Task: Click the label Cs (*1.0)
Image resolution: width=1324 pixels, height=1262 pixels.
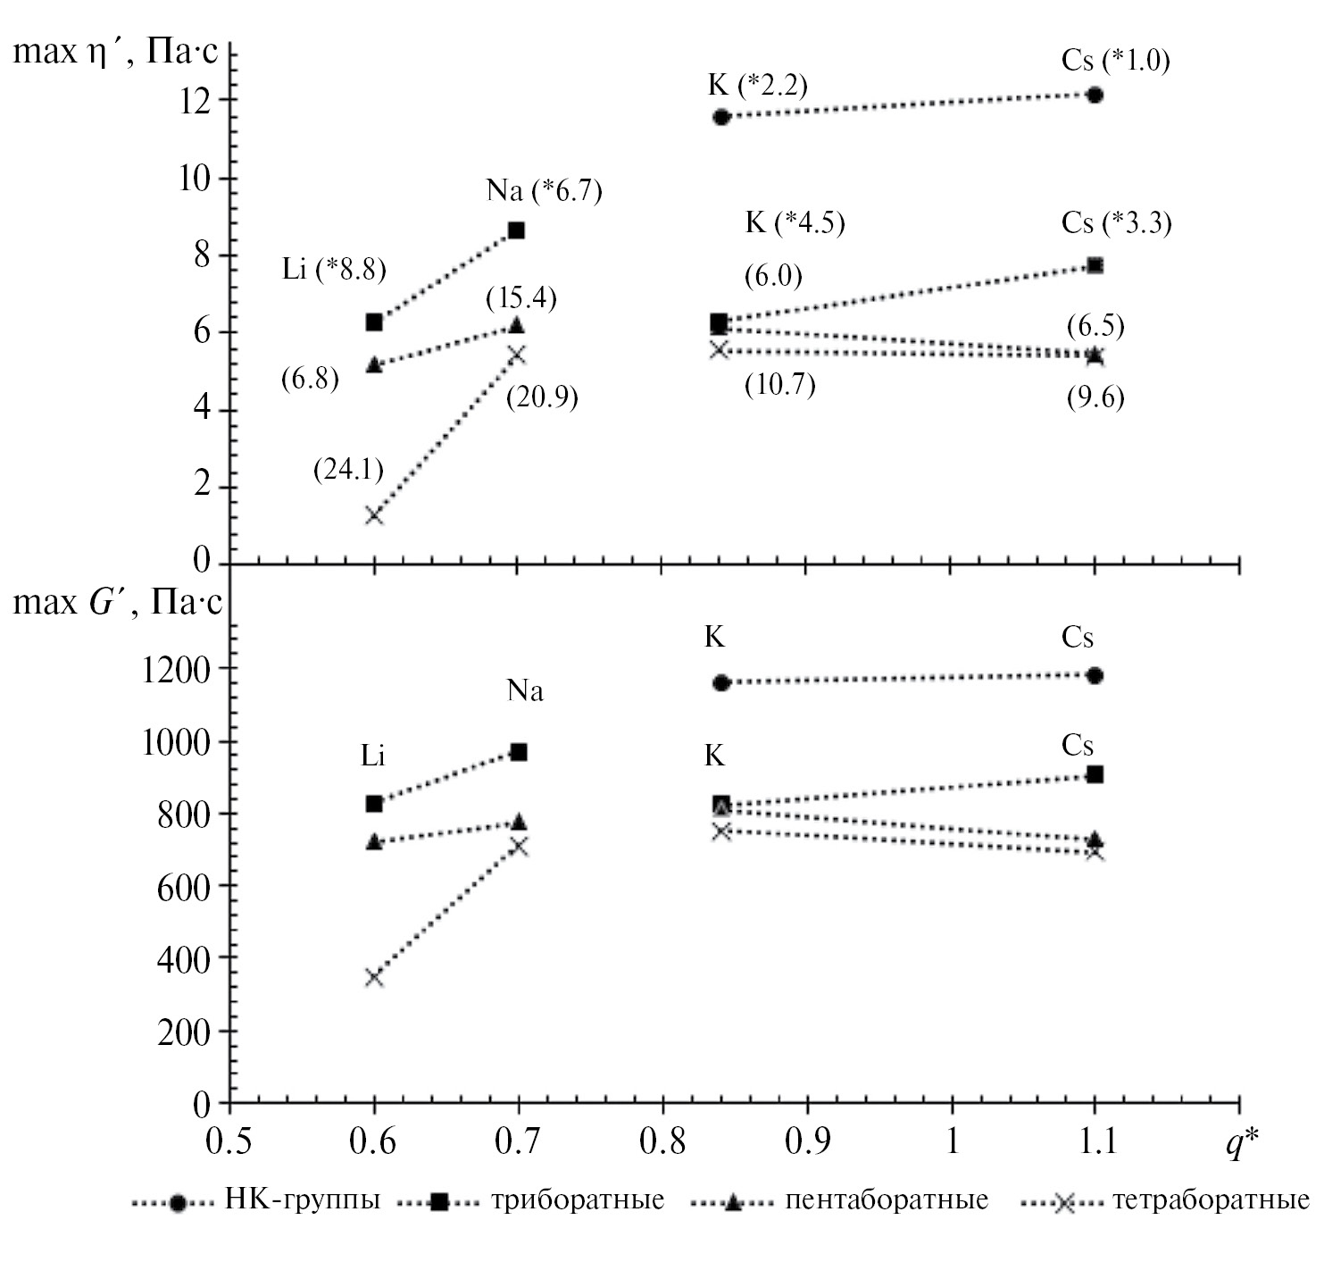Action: [1115, 61]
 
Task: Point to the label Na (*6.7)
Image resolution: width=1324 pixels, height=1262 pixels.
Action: [544, 190]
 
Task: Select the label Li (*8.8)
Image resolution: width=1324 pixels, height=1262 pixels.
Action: [334, 269]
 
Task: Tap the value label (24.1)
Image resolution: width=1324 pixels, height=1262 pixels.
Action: [348, 469]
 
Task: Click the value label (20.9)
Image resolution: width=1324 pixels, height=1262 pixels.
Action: [542, 397]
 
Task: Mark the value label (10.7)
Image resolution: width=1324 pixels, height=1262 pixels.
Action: [779, 385]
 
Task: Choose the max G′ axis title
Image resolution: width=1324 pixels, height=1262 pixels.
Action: [117, 603]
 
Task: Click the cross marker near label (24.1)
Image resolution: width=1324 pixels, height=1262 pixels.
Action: [375, 515]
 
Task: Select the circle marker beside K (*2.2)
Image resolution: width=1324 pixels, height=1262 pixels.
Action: [721, 117]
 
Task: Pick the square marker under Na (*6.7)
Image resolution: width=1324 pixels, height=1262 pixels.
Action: [516, 230]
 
